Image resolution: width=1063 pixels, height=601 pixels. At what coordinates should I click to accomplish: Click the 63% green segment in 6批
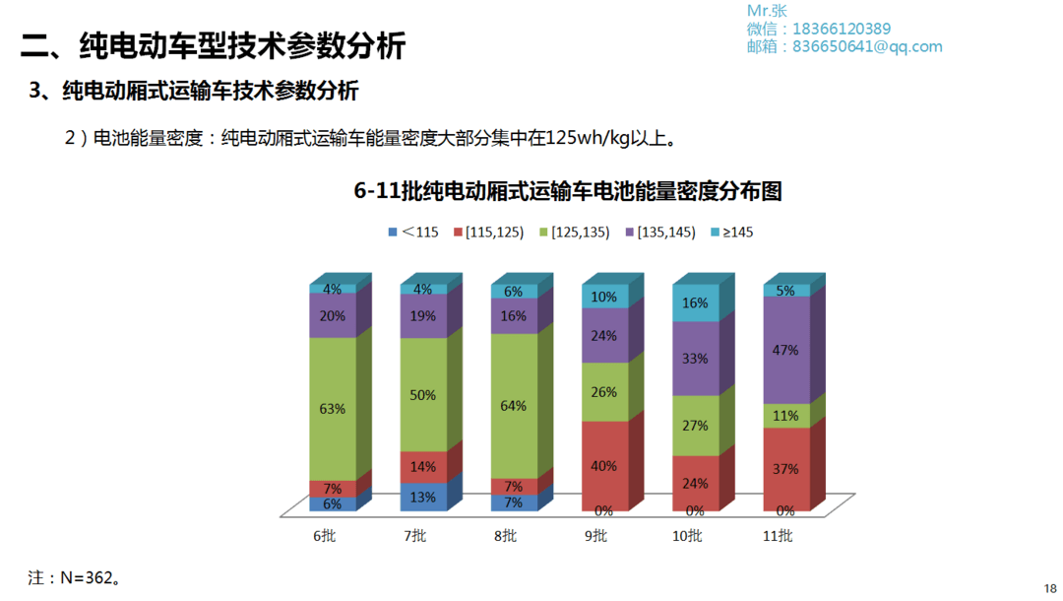(333, 409)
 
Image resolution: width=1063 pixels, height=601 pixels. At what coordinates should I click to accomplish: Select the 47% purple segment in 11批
(786, 350)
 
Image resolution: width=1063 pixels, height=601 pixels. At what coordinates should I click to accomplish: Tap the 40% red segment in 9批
(605, 465)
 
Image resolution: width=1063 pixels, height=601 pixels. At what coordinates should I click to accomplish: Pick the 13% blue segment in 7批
(423, 497)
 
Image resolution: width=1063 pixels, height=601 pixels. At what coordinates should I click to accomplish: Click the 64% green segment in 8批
(514, 406)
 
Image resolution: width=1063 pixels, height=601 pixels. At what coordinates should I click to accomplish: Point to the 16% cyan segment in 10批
(696, 303)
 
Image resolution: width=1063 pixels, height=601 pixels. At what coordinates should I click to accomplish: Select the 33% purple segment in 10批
(696, 359)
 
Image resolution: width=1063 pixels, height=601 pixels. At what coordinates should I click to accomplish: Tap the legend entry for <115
(412, 233)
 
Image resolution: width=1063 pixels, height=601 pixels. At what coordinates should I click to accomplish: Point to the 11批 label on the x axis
(778, 536)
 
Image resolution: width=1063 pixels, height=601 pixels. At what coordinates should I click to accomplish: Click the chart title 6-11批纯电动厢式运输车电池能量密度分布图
(568, 192)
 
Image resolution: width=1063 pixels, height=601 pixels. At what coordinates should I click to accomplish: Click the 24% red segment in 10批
(696, 483)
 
